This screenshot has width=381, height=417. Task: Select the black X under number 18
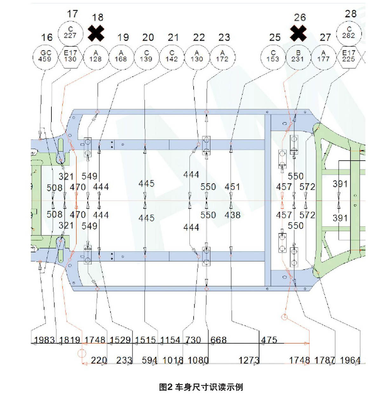pyautogui.click(x=96, y=33)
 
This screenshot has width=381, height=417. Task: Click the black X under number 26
pyautogui.click(x=298, y=33)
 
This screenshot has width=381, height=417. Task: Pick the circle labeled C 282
pyautogui.click(x=349, y=32)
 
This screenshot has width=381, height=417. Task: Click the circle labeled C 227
pyautogui.click(x=70, y=33)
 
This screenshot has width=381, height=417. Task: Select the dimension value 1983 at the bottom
pyautogui.click(x=44, y=340)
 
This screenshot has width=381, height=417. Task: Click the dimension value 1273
pyautogui.click(x=249, y=360)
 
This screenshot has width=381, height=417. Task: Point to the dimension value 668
pyautogui.click(x=218, y=340)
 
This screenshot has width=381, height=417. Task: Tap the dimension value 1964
pyautogui.click(x=350, y=360)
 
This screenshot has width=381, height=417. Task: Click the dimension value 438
pyautogui.click(x=232, y=215)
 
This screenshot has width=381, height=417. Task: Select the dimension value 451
pyautogui.click(x=232, y=187)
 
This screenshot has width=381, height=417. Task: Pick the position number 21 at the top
pyautogui.click(x=173, y=37)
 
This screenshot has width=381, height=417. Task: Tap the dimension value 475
pyautogui.click(x=269, y=340)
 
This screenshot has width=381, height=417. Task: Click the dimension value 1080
pyautogui.click(x=198, y=360)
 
